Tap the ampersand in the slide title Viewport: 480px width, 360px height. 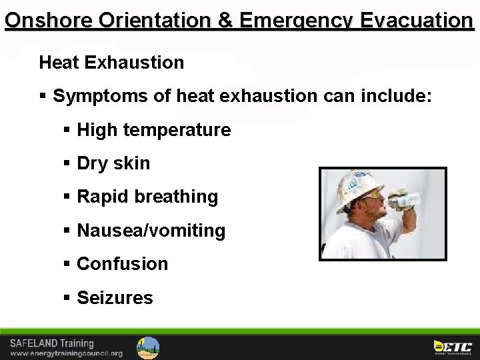click(x=225, y=20)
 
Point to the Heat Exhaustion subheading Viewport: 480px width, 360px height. click(x=111, y=63)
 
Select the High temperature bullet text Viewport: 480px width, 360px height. click(x=154, y=130)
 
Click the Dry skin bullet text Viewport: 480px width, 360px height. click(x=113, y=163)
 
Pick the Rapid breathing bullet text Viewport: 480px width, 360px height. click(x=147, y=197)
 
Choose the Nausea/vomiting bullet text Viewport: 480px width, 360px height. click(x=151, y=231)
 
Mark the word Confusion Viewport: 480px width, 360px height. click(x=123, y=264)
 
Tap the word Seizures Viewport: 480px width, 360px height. click(x=115, y=297)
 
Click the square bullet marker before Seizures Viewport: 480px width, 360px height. click(x=67, y=297)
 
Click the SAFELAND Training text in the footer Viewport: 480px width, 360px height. click(x=51, y=343)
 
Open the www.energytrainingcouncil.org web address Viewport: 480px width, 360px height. click(x=67, y=353)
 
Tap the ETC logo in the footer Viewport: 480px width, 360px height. click(x=453, y=347)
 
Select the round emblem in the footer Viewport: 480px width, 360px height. click(x=148, y=347)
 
